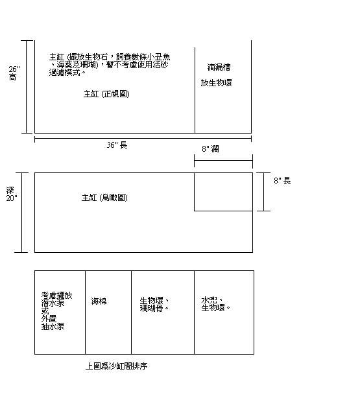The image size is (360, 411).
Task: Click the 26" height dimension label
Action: point(14,73)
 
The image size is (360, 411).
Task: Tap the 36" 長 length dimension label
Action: point(117,145)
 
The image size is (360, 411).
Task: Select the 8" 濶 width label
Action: point(210,149)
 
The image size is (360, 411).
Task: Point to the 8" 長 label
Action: point(282,181)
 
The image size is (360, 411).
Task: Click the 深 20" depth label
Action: point(12,194)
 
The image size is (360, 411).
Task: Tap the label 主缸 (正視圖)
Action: point(106,94)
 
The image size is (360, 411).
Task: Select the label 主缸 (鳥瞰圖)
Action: point(104,197)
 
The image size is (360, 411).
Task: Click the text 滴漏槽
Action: point(219,67)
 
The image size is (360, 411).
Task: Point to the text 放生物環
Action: point(216,83)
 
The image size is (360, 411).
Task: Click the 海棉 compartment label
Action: point(99,301)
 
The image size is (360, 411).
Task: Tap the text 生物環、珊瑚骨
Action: point(154,304)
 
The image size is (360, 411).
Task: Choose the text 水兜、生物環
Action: point(216,304)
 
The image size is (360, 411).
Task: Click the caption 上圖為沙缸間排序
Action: point(116,366)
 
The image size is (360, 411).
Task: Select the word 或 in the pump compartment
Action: point(45,311)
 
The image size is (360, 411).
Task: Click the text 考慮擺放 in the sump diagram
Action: point(56,296)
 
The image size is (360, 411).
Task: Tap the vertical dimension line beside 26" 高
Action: point(26,87)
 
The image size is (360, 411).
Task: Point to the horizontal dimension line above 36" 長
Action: point(143,138)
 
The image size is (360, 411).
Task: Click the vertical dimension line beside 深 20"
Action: point(22,213)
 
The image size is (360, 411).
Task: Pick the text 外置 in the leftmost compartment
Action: point(49,319)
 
